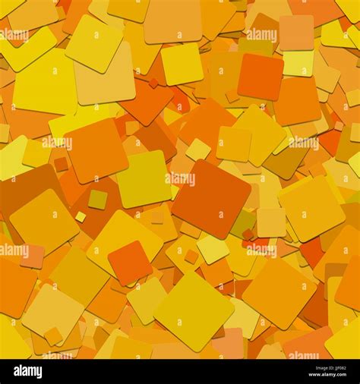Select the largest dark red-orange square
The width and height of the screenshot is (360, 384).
[211, 199]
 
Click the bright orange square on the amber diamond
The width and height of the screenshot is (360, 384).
[129, 263]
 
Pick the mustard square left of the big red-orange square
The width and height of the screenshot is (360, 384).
[144, 179]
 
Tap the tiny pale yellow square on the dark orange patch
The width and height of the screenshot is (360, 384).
[81, 217]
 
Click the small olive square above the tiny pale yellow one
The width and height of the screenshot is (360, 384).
[97, 200]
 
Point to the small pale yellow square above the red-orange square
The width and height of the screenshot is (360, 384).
[198, 150]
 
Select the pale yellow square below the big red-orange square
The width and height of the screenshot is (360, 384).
[213, 248]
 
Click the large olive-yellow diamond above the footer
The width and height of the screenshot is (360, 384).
[194, 310]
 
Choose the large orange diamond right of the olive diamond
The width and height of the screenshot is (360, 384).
[279, 293]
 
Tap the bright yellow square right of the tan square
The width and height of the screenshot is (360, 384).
[182, 64]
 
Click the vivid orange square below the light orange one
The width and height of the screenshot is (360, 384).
[260, 77]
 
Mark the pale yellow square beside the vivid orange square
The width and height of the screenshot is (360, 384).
[298, 63]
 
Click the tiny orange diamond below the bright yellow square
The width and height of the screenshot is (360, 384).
[153, 83]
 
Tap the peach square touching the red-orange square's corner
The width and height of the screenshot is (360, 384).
[271, 222]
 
